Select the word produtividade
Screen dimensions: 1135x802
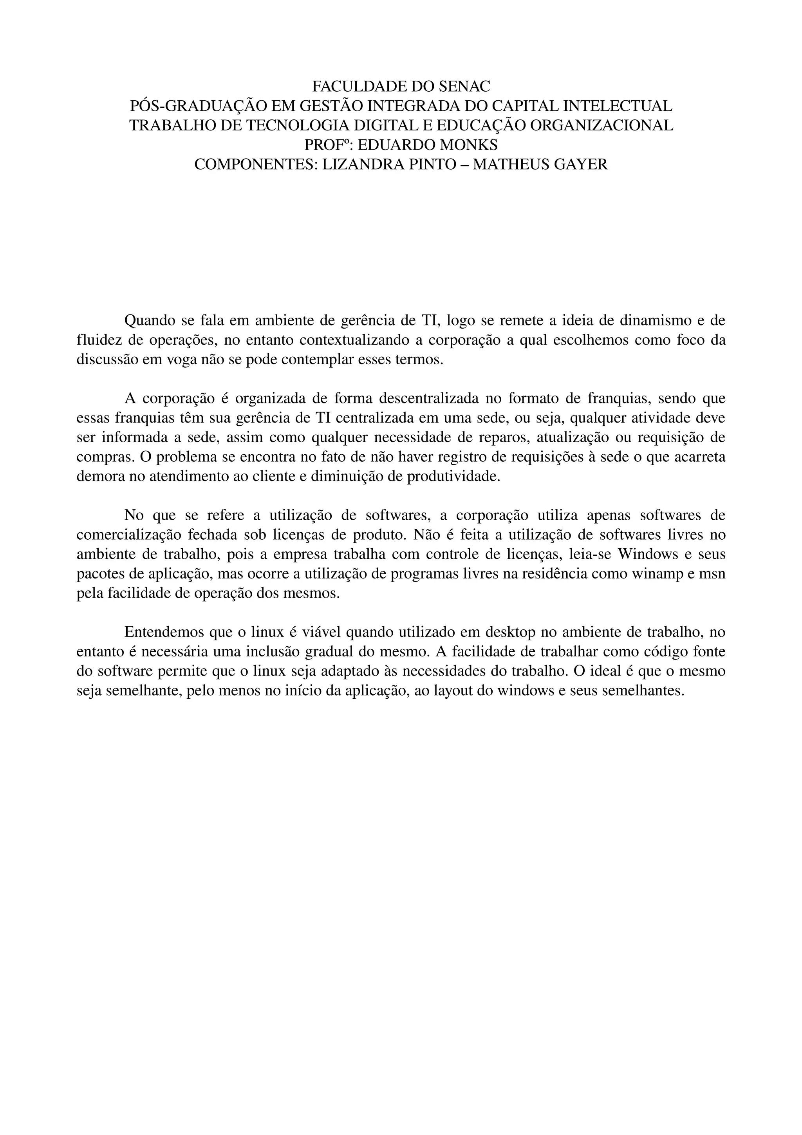453,477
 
